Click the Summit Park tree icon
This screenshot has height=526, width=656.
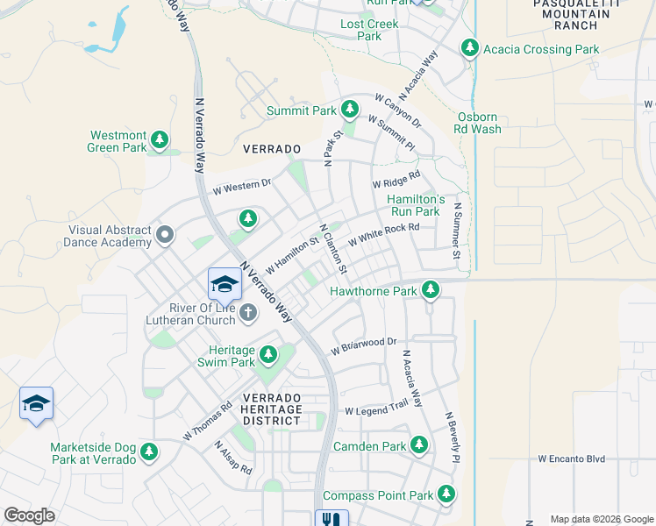click(x=350, y=110)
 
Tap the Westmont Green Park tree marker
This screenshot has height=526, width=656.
click(x=159, y=139)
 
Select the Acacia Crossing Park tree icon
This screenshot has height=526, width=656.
click(x=471, y=48)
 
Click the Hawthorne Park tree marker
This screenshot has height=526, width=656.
click(x=430, y=289)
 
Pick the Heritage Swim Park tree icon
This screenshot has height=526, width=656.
click(x=268, y=355)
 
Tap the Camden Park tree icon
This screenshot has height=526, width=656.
click(x=419, y=445)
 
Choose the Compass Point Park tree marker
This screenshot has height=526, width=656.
click(x=446, y=494)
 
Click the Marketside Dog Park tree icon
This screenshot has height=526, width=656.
click(x=149, y=451)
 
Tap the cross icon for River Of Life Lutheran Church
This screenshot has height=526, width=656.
click(x=248, y=311)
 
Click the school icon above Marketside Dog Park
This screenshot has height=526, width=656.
click(x=36, y=403)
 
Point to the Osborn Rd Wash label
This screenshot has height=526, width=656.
click(x=479, y=123)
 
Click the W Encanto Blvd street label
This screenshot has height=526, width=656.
click(x=572, y=458)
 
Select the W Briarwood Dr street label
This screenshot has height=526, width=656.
click(x=364, y=345)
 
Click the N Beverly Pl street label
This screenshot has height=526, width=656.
click(x=452, y=438)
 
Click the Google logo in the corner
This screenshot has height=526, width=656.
click(x=29, y=515)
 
